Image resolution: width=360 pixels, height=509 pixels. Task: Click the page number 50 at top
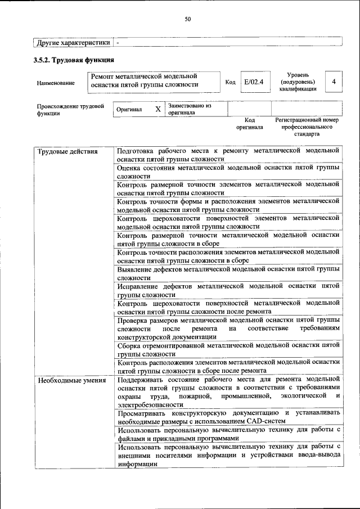click(x=188, y=19)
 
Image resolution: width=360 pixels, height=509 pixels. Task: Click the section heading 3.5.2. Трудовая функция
click(x=75, y=60)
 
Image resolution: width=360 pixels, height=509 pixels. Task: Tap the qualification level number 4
click(x=334, y=82)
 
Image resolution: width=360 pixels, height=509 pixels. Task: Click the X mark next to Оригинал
click(x=158, y=109)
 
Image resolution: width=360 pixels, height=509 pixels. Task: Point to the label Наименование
click(x=56, y=83)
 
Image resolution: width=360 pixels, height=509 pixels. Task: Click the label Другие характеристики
click(x=73, y=42)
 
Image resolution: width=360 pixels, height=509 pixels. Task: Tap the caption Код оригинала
click(x=250, y=124)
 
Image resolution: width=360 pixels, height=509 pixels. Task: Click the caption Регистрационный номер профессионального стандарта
click(x=307, y=127)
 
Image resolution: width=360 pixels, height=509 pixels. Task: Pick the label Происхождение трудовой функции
click(x=71, y=109)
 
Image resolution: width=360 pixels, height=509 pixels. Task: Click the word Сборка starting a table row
click(x=130, y=345)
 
